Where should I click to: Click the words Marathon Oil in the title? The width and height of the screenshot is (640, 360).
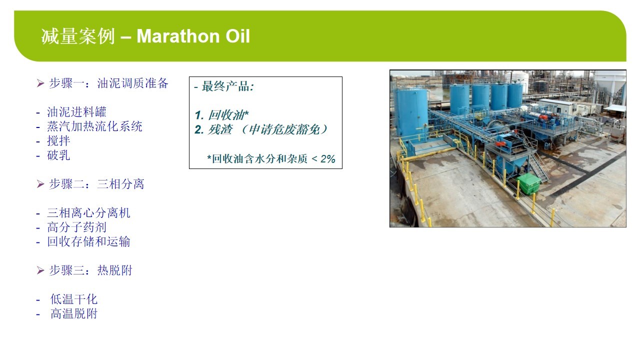pyautogui.click(x=193, y=36)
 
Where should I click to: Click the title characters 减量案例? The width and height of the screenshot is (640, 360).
pyautogui.click(x=78, y=36)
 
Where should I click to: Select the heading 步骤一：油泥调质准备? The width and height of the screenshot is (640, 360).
pyautogui.click(x=108, y=83)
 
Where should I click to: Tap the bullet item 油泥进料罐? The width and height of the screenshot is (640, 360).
pyautogui.click(x=76, y=112)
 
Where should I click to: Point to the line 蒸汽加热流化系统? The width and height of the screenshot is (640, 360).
pyautogui.click(x=94, y=126)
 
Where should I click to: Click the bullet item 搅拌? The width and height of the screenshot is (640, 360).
pyautogui.click(x=58, y=141)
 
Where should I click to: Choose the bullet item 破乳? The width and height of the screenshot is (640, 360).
pyautogui.click(x=58, y=155)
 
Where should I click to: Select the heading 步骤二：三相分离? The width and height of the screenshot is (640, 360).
pyautogui.click(x=96, y=183)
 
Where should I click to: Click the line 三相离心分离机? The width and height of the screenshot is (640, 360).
pyautogui.click(x=88, y=213)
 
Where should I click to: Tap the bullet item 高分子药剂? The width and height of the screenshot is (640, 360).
pyautogui.click(x=76, y=227)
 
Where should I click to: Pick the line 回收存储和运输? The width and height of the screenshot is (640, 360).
pyautogui.click(x=88, y=241)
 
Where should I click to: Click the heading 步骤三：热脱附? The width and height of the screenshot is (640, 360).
pyautogui.click(x=90, y=270)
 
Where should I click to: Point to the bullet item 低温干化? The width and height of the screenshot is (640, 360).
pyautogui.click(x=73, y=299)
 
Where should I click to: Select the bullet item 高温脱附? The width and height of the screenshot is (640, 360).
pyautogui.click(x=73, y=313)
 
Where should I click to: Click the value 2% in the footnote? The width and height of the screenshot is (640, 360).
pyautogui.click(x=327, y=159)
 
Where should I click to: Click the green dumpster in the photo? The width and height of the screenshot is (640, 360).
pyautogui.click(x=529, y=183)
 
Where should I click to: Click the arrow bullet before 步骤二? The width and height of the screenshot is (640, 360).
pyautogui.click(x=40, y=184)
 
